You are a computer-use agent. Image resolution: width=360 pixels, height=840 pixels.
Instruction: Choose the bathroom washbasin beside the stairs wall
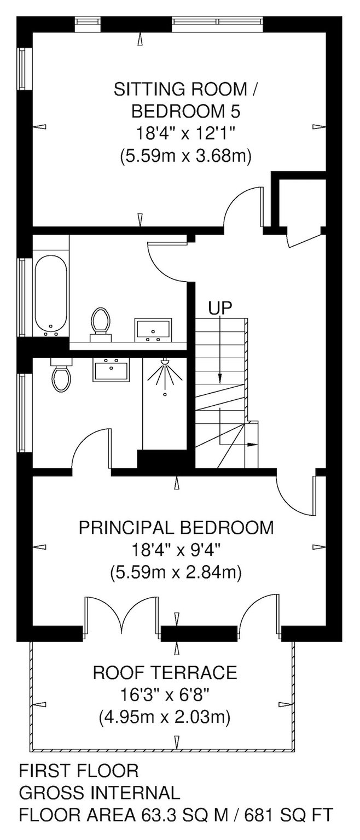point(154,330)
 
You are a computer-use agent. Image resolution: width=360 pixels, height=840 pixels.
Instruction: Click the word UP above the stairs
point(220,308)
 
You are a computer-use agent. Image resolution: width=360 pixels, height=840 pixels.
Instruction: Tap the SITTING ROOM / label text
point(185,90)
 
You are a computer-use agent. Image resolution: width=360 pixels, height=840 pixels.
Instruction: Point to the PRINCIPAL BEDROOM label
point(176,528)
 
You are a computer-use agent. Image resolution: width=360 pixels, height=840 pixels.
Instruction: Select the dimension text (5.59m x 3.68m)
point(185,155)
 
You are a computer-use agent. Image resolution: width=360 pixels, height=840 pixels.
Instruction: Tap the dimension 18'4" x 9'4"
point(176,551)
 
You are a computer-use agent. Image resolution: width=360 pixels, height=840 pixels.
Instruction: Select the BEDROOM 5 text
point(185,112)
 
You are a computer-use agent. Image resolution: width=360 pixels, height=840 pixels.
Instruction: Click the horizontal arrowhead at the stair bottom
point(252,445)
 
